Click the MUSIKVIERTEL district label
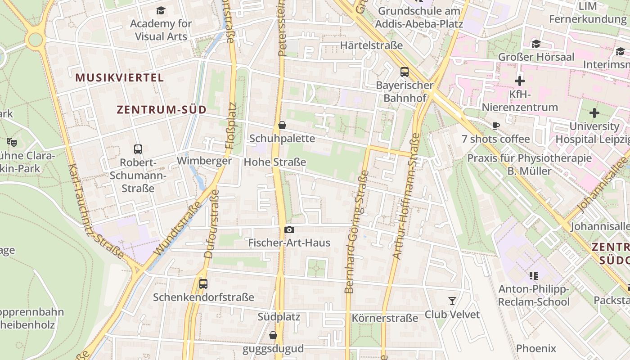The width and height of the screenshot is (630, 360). (x=119, y=77)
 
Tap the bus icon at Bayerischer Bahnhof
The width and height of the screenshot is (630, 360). (x=404, y=72)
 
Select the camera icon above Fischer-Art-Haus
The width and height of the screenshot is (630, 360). (x=289, y=230)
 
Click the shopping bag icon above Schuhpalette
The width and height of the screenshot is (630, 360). (x=282, y=125)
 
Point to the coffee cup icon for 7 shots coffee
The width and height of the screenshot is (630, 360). (x=495, y=126)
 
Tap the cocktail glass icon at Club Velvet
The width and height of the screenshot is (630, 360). (x=452, y=301)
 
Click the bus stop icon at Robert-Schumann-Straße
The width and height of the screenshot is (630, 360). (x=138, y=149)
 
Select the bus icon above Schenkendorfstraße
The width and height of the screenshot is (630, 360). (x=203, y=283)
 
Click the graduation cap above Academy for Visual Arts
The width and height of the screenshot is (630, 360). (x=161, y=10)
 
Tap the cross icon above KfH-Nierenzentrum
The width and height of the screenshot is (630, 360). (x=520, y=81)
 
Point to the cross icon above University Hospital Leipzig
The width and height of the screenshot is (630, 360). (x=594, y=112)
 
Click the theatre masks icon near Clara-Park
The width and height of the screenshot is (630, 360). (x=12, y=142)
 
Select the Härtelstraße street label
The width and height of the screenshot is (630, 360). (x=371, y=45)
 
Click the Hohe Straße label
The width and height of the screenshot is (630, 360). (x=274, y=162)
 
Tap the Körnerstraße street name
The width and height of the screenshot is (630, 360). (x=385, y=318)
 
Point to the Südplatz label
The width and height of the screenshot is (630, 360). (x=279, y=316)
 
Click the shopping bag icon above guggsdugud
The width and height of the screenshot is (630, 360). (x=273, y=335)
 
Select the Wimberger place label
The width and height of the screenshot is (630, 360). (x=204, y=161)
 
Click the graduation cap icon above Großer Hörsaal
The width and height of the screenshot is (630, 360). (x=535, y=44)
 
